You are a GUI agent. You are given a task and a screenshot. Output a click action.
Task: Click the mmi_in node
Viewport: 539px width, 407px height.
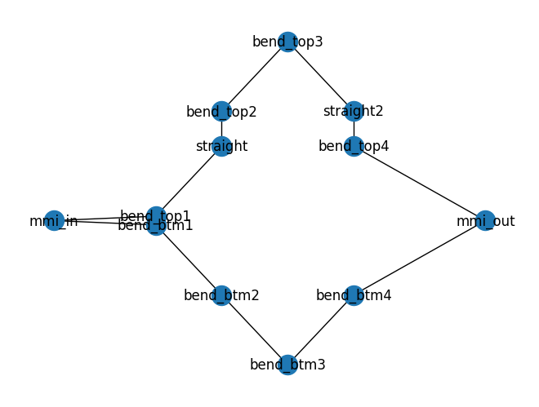[x=54, y=220]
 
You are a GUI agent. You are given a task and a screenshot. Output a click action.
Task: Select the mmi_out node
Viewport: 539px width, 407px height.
[x=485, y=220]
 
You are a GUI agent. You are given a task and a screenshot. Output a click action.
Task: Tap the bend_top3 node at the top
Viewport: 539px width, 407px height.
[x=287, y=42]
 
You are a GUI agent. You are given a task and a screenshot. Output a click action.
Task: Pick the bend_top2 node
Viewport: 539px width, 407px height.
[x=221, y=112]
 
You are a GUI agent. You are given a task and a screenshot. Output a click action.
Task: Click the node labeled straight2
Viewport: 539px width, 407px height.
[x=354, y=111]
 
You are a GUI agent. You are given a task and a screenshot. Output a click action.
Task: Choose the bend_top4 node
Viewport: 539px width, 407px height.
[x=354, y=146]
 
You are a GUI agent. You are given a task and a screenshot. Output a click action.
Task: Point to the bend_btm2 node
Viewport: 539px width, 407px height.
[x=221, y=295]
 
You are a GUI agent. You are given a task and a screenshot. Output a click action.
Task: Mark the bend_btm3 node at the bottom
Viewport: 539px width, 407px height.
[x=287, y=365]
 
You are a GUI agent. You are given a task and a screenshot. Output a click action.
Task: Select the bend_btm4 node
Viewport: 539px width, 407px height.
[x=354, y=295]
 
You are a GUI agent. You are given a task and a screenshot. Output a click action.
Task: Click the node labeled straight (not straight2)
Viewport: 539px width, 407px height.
[x=221, y=146]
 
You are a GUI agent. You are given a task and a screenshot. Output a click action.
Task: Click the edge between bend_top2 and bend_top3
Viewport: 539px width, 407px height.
[x=254, y=77]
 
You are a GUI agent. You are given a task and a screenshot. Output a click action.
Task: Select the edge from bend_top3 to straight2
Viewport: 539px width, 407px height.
[x=320, y=76]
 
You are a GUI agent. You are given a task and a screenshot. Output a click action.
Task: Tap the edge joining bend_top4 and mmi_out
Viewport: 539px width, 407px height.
[x=419, y=183]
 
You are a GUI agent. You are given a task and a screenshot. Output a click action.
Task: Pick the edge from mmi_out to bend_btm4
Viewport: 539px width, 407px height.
[x=419, y=258]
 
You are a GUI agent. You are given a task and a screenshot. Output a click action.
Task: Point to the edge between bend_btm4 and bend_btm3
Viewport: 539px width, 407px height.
[x=320, y=330]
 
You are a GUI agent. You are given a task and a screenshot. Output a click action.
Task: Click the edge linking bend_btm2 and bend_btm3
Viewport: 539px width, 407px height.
[x=254, y=330]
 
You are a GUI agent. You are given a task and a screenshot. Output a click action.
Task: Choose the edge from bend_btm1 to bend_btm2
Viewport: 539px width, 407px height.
[x=189, y=260]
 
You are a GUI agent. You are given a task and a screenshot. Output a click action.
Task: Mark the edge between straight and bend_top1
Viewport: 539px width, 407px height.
[x=189, y=181]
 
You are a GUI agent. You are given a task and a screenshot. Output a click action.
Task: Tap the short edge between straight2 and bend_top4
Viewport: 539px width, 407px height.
[x=354, y=129]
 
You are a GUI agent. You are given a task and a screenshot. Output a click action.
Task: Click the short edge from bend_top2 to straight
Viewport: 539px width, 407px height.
[x=221, y=129]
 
